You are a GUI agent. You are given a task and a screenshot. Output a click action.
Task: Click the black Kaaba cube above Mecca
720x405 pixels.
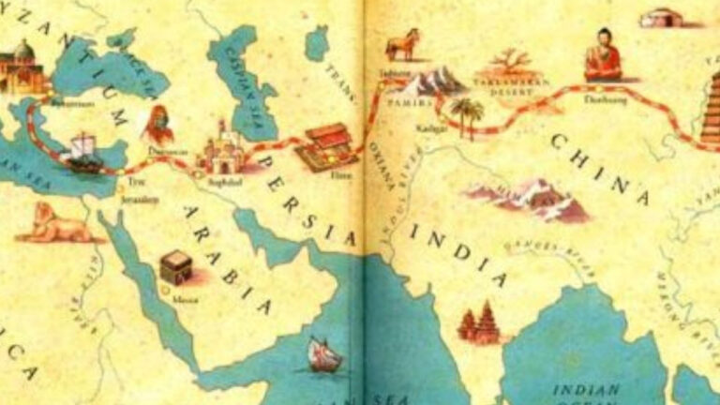click(x=176, y=269)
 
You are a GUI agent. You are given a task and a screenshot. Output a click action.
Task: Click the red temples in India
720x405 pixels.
click(x=479, y=323)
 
